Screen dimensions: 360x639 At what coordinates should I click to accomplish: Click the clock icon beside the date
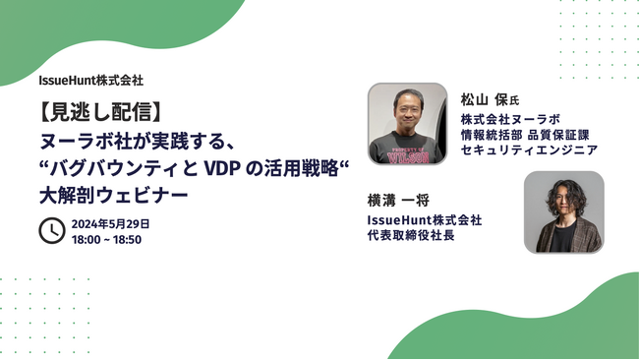tap(51, 230)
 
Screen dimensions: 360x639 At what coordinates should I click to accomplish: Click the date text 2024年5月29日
tap(110, 223)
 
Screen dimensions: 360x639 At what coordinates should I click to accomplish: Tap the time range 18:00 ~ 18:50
tap(106, 239)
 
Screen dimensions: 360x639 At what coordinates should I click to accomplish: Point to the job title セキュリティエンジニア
tap(529, 150)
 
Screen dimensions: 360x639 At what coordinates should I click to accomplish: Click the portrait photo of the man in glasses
tap(407, 122)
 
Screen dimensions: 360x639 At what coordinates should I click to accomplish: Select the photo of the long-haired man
tap(563, 212)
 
